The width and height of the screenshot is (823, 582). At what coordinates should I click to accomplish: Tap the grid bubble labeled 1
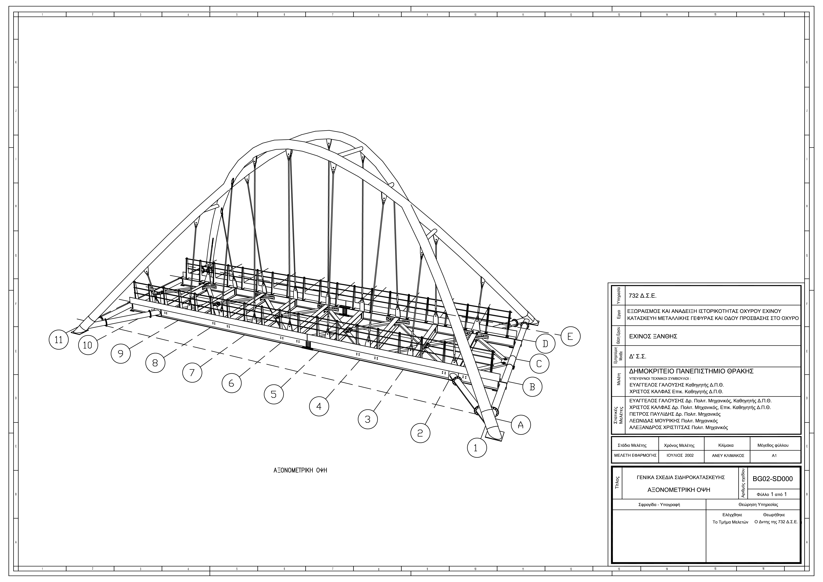coord(477,448)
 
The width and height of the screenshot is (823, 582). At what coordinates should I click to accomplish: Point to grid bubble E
coord(570,336)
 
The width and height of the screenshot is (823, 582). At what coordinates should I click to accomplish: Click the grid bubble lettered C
coord(539,364)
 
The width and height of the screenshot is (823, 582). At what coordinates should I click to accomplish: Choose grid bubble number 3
coord(367,419)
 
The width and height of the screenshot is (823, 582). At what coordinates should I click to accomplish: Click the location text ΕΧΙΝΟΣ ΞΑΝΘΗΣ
coord(653,336)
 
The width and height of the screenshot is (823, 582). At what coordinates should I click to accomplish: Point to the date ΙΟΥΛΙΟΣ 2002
coord(680,455)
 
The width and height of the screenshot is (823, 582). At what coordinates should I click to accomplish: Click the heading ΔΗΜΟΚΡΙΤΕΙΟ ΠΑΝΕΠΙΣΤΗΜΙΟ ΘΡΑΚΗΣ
coord(691,371)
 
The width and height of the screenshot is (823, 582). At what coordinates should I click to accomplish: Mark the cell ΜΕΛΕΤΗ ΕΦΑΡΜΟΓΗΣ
coord(635,455)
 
